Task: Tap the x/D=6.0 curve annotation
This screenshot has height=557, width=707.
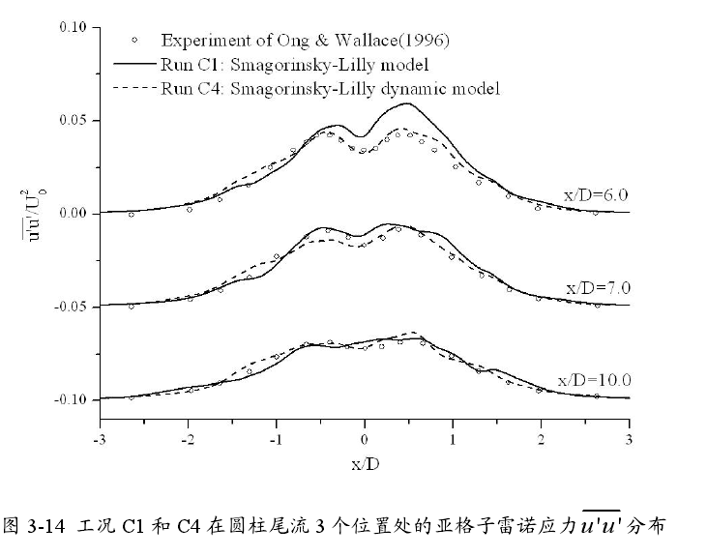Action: pos(596,195)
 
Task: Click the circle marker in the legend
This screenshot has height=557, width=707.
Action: pos(136,41)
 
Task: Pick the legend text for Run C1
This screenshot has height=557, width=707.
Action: pos(295,65)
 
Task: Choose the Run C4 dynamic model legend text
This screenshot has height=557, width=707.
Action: pos(330,89)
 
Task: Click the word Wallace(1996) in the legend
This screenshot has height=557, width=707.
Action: pos(398,41)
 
